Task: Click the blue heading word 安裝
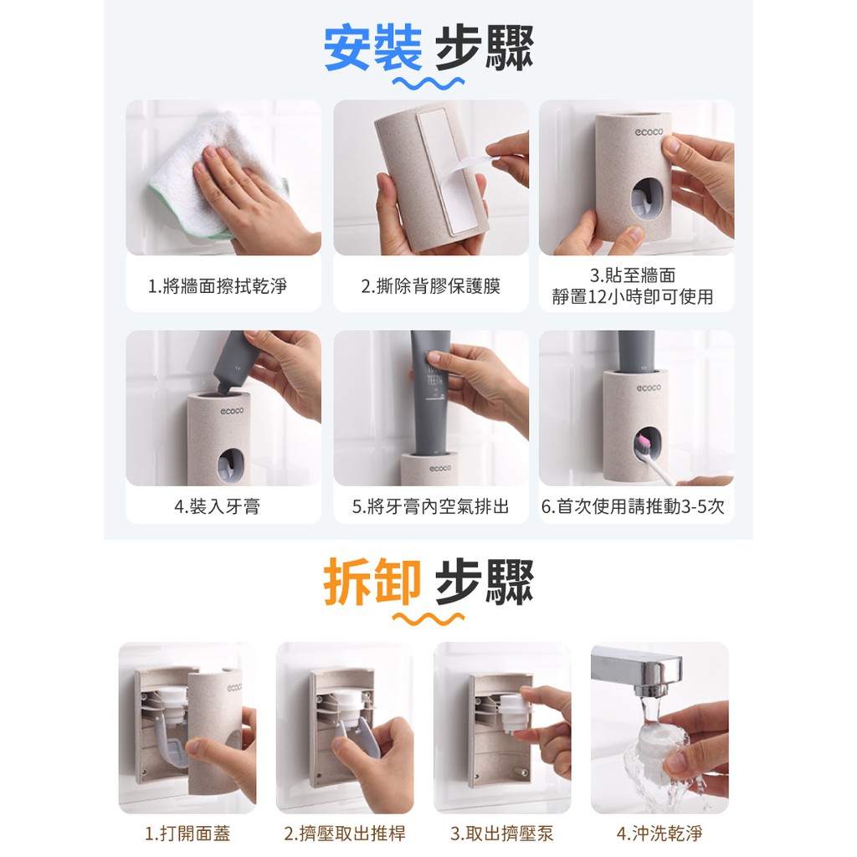[372, 49]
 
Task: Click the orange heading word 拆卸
[372, 582]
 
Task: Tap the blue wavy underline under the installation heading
[428, 83]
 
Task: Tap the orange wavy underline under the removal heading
[428, 618]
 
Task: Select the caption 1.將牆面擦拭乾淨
[218, 286]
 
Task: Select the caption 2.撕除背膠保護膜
[431, 286]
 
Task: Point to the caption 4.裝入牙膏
[218, 506]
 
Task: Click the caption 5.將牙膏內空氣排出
[431, 506]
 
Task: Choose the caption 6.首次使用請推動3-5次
[633, 506]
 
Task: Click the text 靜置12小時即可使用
[633, 297]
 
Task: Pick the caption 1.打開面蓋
[187, 834]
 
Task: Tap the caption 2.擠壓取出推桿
[345, 834]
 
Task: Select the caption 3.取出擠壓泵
[502, 834]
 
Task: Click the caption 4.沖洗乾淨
[659, 834]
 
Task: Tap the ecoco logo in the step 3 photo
[649, 131]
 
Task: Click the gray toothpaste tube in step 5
[430, 393]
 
